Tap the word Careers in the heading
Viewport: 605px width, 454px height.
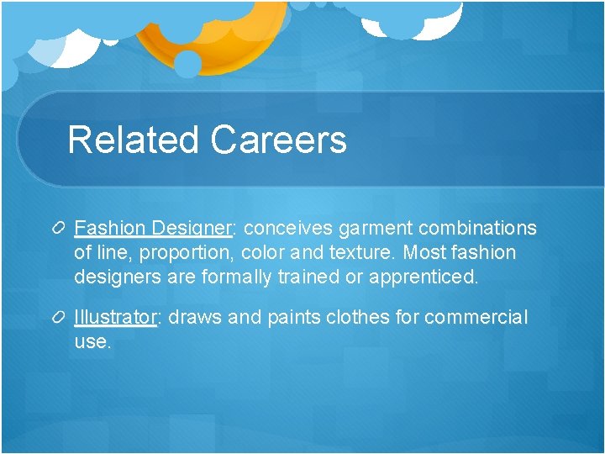pyautogui.click(x=278, y=140)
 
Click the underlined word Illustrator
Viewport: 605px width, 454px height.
pyautogui.click(x=115, y=318)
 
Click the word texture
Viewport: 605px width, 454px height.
pyautogui.click(x=366, y=253)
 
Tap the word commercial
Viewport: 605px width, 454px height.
pyautogui.click(x=476, y=318)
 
